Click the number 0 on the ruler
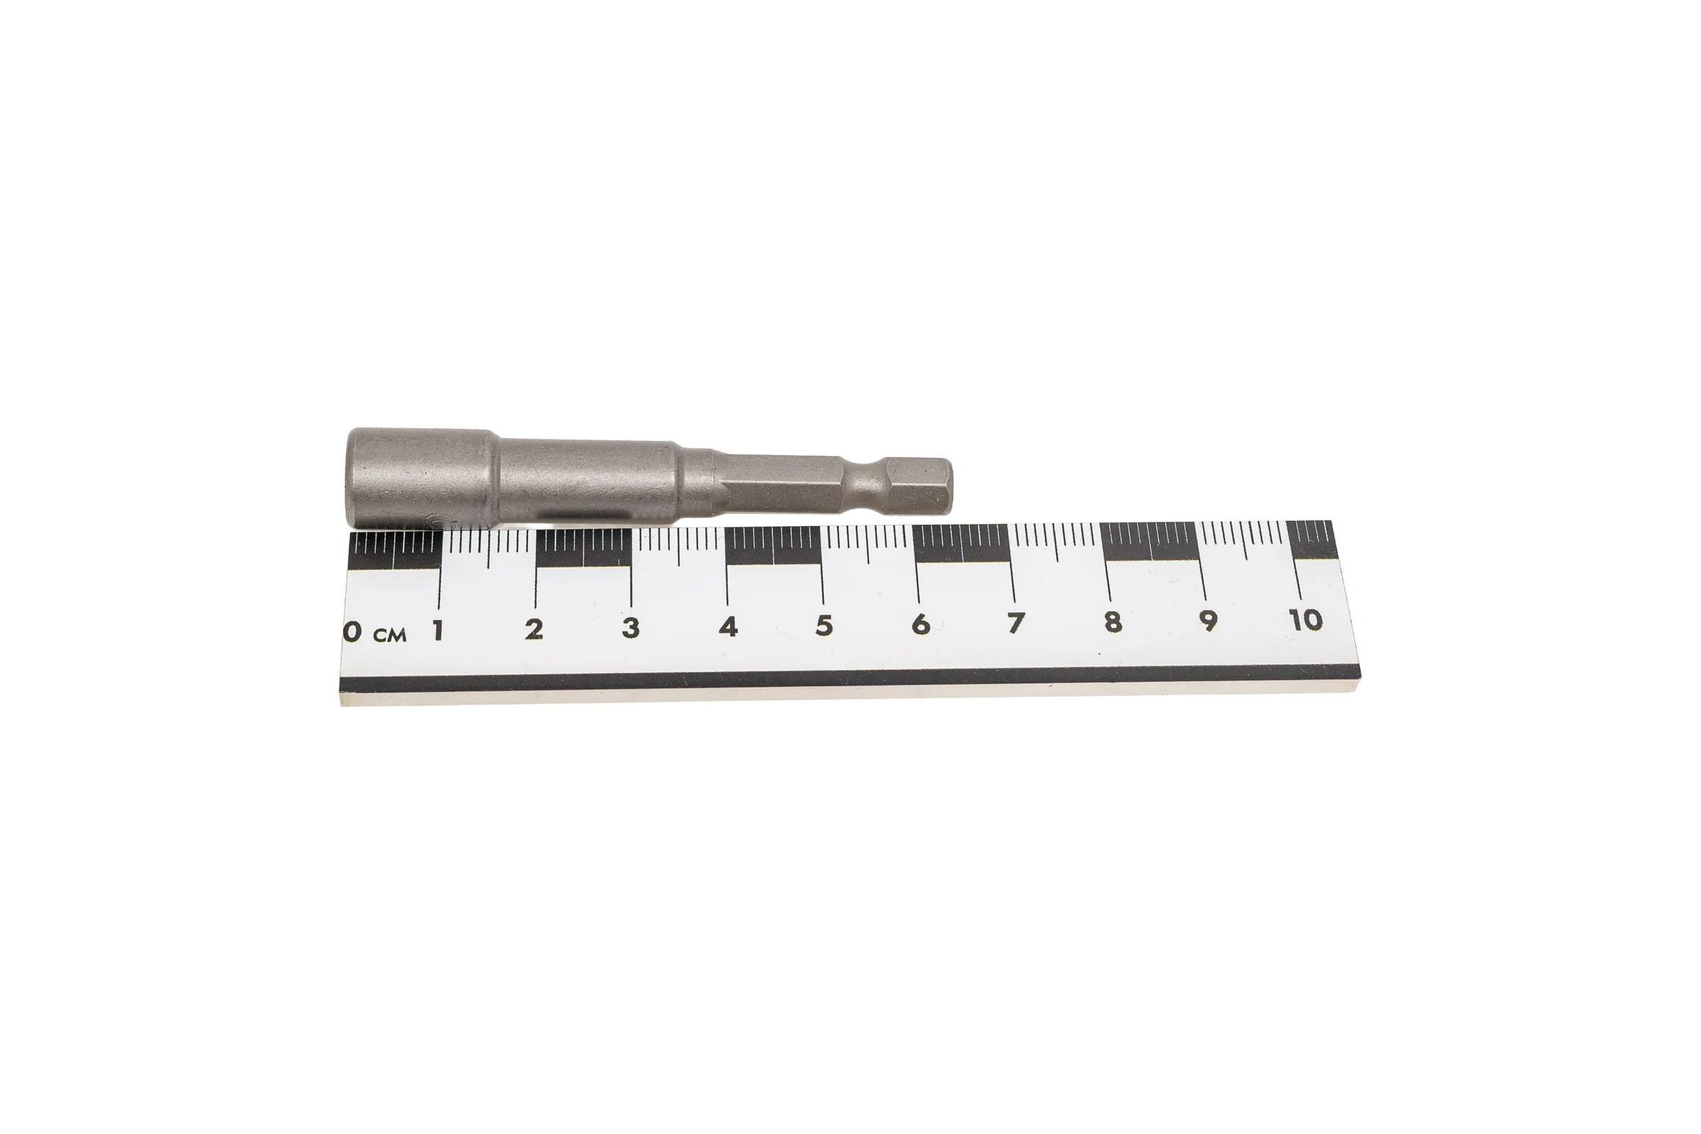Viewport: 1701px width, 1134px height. (352, 631)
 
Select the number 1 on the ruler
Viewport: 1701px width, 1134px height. (437, 631)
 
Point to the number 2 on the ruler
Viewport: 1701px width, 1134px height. (534, 629)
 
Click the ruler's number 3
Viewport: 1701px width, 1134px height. (631, 628)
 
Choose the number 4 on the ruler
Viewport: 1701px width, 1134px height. (729, 627)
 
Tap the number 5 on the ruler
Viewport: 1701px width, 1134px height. (824, 625)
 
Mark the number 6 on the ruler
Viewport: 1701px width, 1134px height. (921, 624)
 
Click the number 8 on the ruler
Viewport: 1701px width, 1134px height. (1113, 622)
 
